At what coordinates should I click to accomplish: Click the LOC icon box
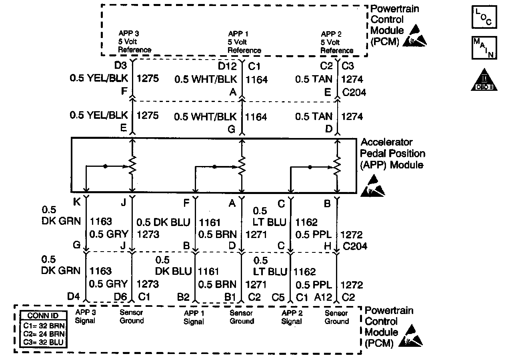pyautogui.click(x=484, y=17)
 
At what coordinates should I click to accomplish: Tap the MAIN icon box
pyautogui.click(x=484, y=48)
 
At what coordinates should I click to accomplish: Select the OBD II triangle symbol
pyautogui.click(x=484, y=80)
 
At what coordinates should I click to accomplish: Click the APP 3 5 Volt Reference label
pyautogui.click(x=134, y=42)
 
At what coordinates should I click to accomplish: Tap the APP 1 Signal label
pyautogui.click(x=194, y=317)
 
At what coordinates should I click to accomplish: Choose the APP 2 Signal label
pyautogui.click(x=292, y=317)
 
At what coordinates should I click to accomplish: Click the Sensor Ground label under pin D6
pyautogui.click(x=132, y=317)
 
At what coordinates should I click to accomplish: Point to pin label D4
pyautogui.click(x=74, y=297)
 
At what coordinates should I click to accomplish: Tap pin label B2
pyautogui.click(x=183, y=297)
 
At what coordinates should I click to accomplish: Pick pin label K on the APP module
pyautogui.click(x=77, y=203)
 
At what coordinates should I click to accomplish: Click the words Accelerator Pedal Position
pyautogui.click(x=393, y=148)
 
